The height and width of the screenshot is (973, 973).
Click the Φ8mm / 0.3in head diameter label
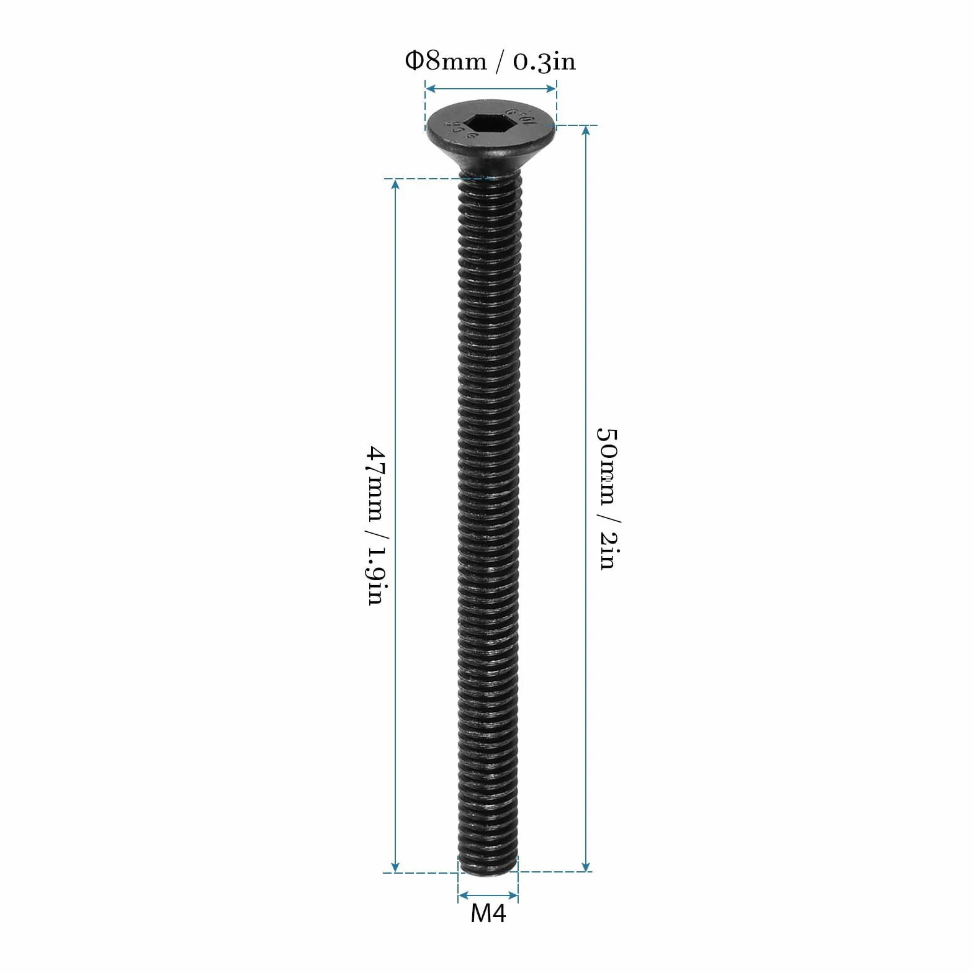click(x=490, y=61)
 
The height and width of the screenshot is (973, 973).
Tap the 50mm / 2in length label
click(x=607, y=498)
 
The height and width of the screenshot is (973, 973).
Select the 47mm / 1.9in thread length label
click(x=377, y=525)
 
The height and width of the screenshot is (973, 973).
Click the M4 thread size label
click(x=488, y=913)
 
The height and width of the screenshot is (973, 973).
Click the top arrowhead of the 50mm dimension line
click(x=586, y=131)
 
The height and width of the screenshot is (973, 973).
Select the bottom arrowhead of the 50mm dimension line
click(x=586, y=866)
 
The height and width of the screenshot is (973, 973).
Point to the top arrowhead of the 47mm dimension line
click(x=395, y=184)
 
